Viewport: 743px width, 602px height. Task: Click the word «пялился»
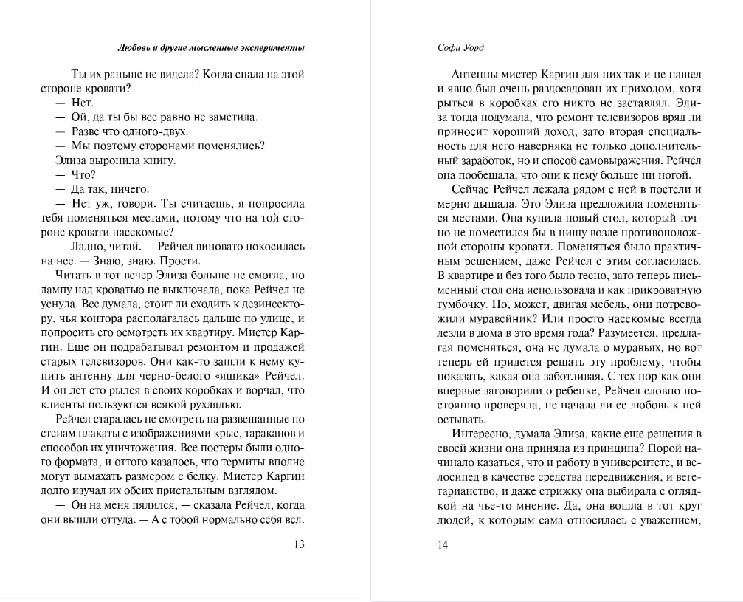(148, 504)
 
